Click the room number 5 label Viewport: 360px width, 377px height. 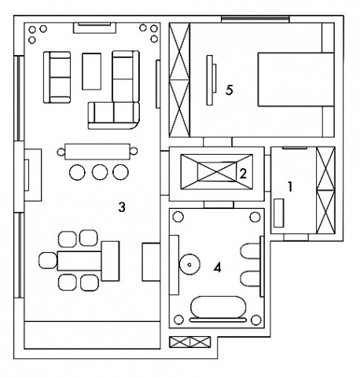(230, 90)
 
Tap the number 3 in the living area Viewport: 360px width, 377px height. (122, 207)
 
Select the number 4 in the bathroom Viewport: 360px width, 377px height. (218, 268)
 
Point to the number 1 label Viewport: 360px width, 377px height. (290, 187)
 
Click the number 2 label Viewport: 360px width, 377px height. (243, 174)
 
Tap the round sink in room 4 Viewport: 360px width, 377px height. (189, 265)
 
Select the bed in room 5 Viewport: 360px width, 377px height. (296, 79)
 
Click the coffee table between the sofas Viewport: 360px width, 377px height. (91, 71)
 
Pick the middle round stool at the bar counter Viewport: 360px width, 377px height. (100, 172)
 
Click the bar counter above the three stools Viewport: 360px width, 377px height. (97, 152)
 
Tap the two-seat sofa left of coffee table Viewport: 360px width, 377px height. (57, 77)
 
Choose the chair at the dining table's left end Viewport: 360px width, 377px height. (48, 261)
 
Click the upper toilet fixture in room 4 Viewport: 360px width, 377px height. (250, 251)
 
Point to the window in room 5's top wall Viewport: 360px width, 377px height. (255, 18)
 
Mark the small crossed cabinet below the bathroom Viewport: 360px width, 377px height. (189, 342)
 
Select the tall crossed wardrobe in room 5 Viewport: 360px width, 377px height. (179, 80)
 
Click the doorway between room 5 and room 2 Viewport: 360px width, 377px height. (218, 142)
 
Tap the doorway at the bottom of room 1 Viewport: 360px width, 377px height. (296, 237)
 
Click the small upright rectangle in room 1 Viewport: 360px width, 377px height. (279, 213)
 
